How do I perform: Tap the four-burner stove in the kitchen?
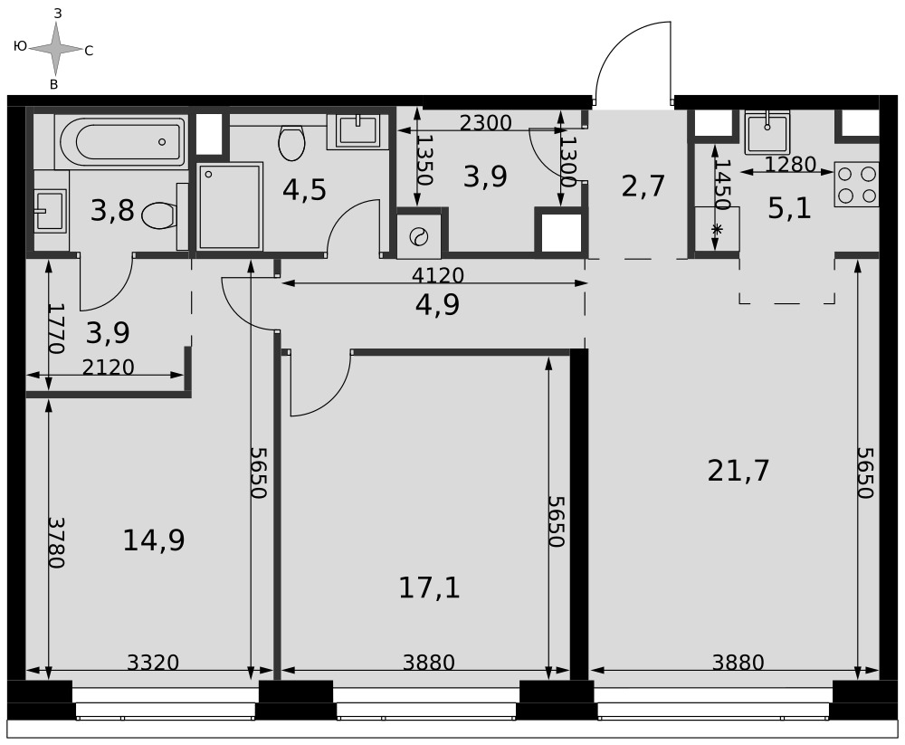coord(856,185)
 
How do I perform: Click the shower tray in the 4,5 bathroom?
coord(230,206)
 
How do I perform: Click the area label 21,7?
coord(738,471)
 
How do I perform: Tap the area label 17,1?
coord(429,587)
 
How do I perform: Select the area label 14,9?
coord(154,540)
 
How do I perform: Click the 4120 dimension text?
coord(437,275)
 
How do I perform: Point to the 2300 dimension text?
coord(485,123)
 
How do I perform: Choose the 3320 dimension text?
coord(153,663)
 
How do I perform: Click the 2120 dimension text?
coord(108,367)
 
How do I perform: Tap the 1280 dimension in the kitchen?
coord(790,165)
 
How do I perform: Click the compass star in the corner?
coord(55,49)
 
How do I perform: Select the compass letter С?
coord(89,51)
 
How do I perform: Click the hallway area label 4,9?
coord(437,304)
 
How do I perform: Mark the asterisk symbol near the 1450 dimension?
coord(716,229)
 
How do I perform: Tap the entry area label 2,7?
coord(643,186)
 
